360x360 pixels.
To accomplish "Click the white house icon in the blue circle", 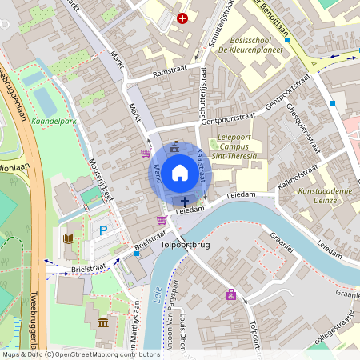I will point(180,172).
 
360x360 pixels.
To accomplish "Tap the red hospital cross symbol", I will point(182,18).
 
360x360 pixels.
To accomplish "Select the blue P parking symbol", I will point(102,230).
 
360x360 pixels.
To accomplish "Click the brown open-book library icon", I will point(68,238).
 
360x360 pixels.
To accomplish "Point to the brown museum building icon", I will point(102,322).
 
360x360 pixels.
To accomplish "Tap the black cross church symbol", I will point(185,202).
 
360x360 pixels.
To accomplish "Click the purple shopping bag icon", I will point(231,294).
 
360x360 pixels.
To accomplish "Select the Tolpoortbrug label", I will point(186,245).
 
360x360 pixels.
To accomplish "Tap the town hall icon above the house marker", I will point(175,146).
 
